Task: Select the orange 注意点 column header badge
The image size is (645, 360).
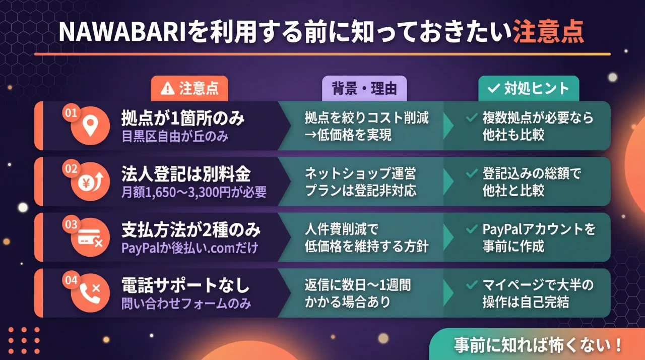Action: [x=189, y=88]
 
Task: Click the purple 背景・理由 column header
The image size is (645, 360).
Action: [x=364, y=88]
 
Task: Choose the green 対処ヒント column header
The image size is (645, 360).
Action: [x=529, y=88]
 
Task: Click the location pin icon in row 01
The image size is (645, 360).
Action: [x=90, y=127]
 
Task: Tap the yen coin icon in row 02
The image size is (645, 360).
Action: [x=90, y=183]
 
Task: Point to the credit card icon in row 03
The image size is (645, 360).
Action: [x=90, y=238]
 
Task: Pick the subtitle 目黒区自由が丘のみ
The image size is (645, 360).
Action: [x=175, y=137]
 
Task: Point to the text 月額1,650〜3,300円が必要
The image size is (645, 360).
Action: [x=194, y=192]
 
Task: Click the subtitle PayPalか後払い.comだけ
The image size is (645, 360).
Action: [x=189, y=248]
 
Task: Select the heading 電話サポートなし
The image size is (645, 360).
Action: [x=185, y=286]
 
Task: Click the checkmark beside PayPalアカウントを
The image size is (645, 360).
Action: [x=472, y=229]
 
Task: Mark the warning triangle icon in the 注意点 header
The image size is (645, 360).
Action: [x=166, y=89]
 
